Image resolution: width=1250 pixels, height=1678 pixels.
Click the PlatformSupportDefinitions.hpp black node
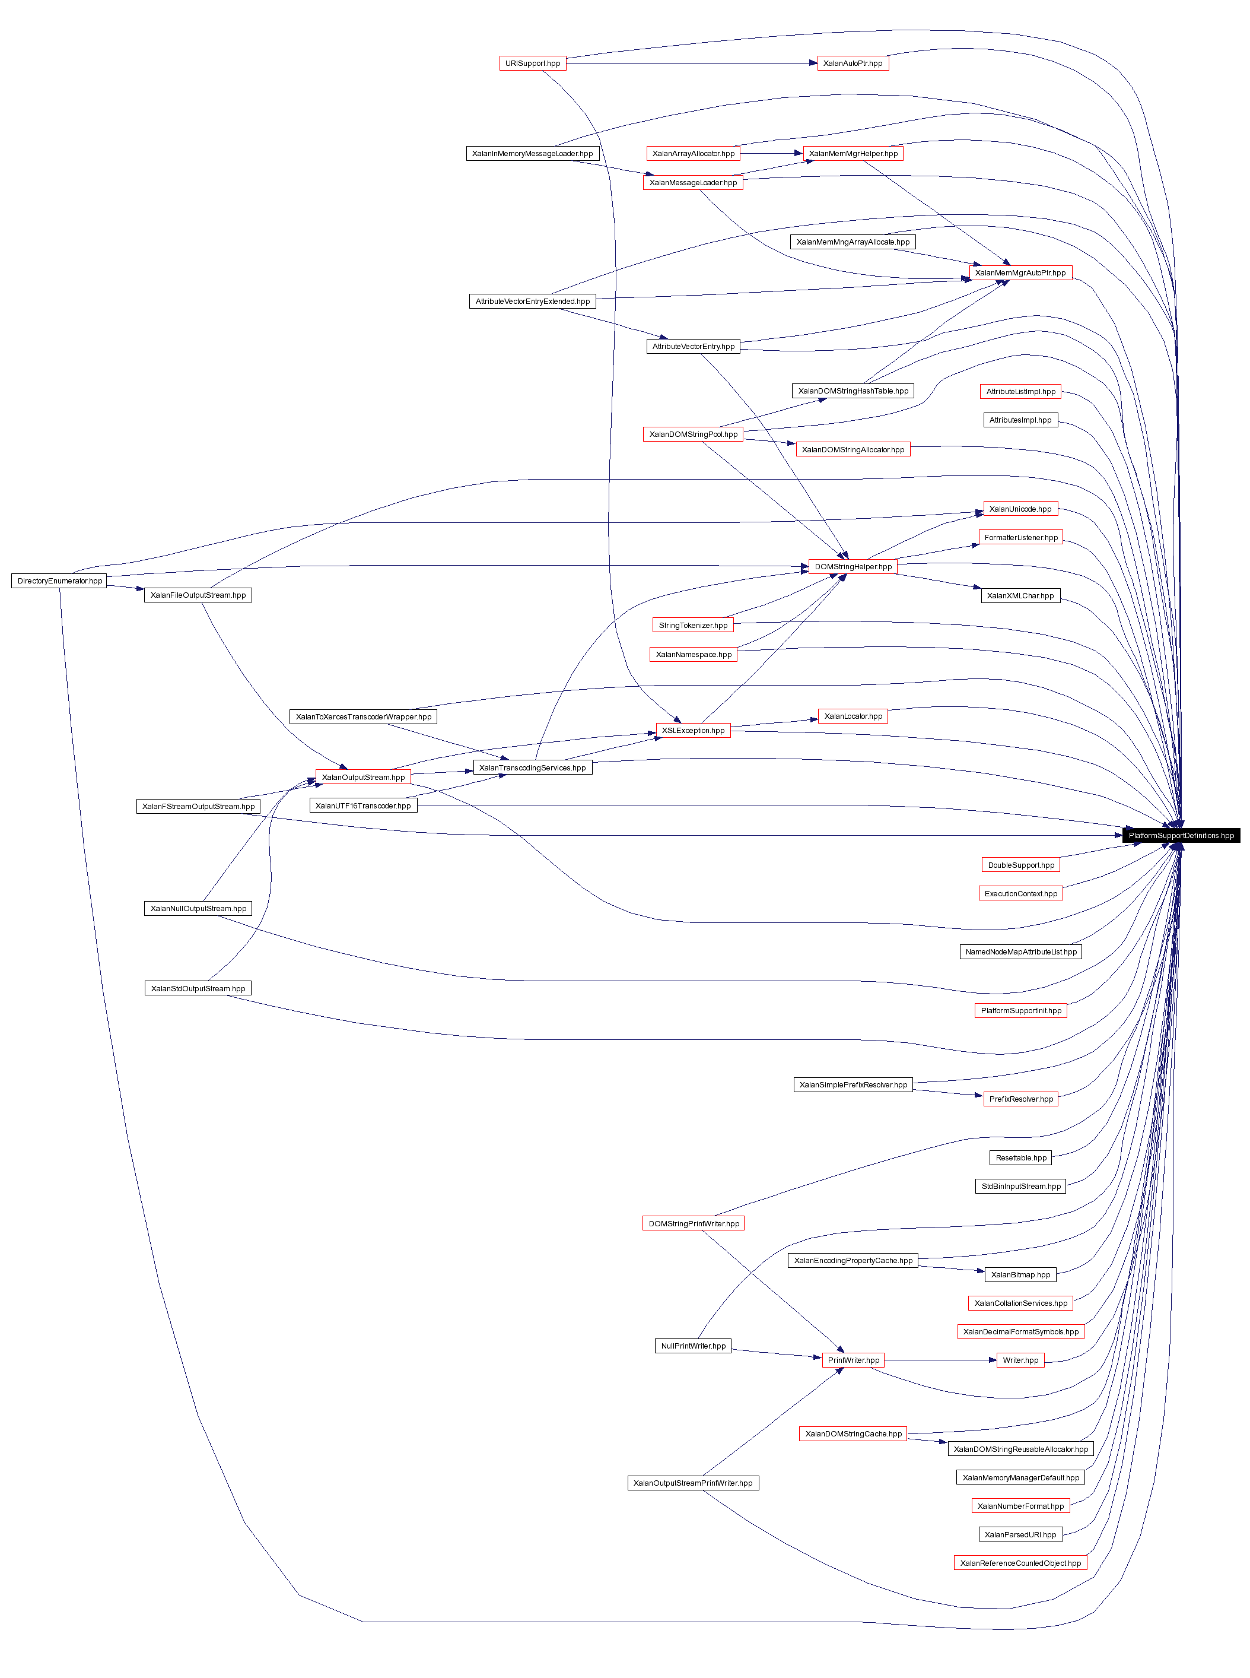[x=1181, y=836]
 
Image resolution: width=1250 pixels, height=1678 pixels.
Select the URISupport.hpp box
[x=533, y=64]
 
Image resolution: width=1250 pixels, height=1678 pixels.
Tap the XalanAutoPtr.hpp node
[x=853, y=64]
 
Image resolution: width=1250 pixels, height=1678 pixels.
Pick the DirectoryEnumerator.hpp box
[x=59, y=581]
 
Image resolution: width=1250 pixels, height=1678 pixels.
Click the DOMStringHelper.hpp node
[x=853, y=567]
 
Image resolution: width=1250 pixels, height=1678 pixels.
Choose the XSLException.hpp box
[x=693, y=731]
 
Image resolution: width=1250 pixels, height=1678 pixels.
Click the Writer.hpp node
[x=1020, y=1360]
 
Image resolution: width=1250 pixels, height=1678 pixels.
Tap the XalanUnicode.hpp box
[x=1020, y=509]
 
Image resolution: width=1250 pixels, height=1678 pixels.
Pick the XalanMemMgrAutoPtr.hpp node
[x=1020, y=273]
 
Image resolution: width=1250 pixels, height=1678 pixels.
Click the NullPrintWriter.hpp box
[x=693, y=1346]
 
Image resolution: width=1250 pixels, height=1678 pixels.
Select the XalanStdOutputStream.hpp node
[x=198, y=988]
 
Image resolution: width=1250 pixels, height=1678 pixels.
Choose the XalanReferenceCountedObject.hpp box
[x=1020, y=1563]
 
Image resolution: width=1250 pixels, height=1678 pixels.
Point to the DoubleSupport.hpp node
[x=1020, y=865]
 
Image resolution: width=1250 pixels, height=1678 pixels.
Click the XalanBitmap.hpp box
[x=1020, y=1274]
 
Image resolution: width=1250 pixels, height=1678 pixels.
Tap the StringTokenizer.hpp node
[x=693, y=625]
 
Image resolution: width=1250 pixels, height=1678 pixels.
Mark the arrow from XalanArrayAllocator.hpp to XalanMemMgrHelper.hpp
[x=771, y=154]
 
